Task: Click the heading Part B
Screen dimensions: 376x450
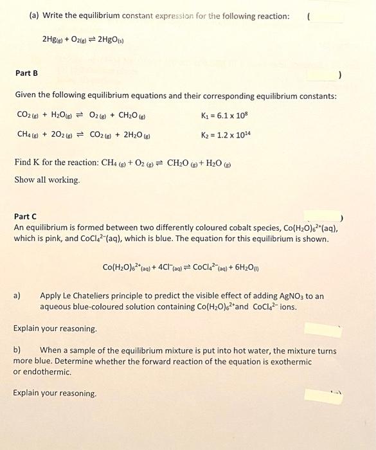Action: tap(26, 73)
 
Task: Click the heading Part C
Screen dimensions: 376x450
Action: tap(25, 217)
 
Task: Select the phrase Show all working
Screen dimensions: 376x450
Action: tap(47, 180)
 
